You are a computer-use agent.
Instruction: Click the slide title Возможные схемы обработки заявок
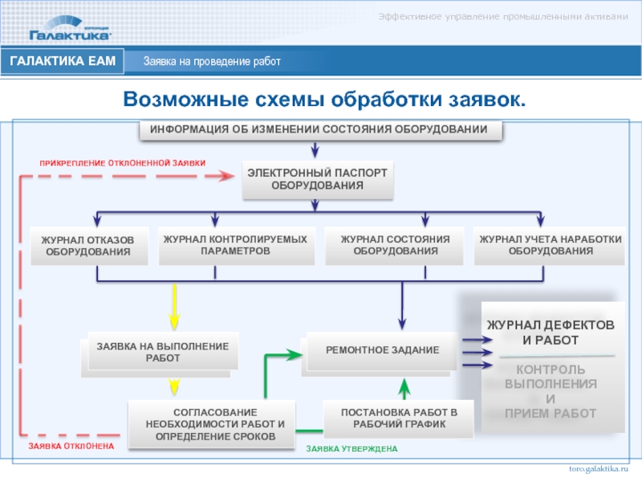point(324,99)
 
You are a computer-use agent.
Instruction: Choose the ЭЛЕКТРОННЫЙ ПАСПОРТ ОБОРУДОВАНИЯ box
point(317,179)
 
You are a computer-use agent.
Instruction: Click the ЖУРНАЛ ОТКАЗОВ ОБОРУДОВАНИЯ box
point(88,247)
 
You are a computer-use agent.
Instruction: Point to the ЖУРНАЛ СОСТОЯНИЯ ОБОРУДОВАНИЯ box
point(395,245)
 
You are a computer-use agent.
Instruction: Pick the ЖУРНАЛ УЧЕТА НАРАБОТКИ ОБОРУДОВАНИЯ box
point(550,245)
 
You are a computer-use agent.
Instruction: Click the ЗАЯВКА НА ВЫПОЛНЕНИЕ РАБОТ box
point(163,352)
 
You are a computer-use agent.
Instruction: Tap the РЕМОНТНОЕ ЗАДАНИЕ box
point(382,350)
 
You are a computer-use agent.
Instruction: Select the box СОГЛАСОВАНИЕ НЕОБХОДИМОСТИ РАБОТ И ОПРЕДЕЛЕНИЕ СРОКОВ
point(215,423)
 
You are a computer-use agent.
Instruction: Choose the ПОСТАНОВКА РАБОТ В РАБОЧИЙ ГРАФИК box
point(399,419)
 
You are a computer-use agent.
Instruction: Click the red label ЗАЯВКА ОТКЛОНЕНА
point(71,445)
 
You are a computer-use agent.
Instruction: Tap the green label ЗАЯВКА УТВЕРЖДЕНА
point(351,448)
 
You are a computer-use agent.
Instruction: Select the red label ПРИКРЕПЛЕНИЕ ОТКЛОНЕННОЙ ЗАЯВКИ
point(123,163)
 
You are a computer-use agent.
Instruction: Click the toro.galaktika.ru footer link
point(599,468)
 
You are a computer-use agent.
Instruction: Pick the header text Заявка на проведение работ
point(212,62)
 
